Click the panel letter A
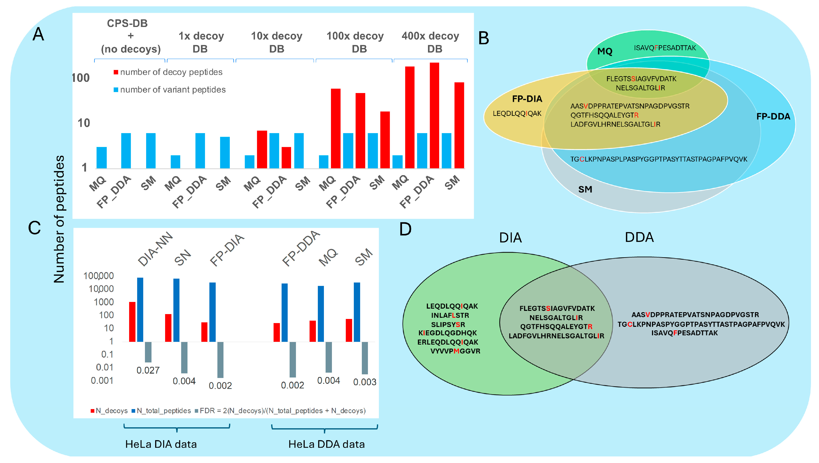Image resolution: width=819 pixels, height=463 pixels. [x=38, y=34]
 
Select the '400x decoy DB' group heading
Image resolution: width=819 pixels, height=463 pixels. [x=430, y=42]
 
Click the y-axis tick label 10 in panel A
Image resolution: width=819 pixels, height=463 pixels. [x=84, y=123]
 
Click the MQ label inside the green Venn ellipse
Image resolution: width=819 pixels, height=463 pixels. [x=605, y=51]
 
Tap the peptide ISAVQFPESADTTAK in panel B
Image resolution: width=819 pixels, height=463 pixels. [x=665, y=48]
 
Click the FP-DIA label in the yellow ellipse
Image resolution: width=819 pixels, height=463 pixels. [x=527, y=99]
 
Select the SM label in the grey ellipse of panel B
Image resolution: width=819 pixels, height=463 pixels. [x=585, y=189]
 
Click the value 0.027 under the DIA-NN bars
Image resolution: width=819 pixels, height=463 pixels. [x=148, y=370]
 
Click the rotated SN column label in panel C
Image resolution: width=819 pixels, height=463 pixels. [x=182, y=257]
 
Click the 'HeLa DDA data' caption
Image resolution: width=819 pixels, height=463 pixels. [x=326, y=444]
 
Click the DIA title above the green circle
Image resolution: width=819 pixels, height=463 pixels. [x=510, y=238]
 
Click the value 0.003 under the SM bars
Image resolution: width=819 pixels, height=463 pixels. [x=365, y=382]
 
